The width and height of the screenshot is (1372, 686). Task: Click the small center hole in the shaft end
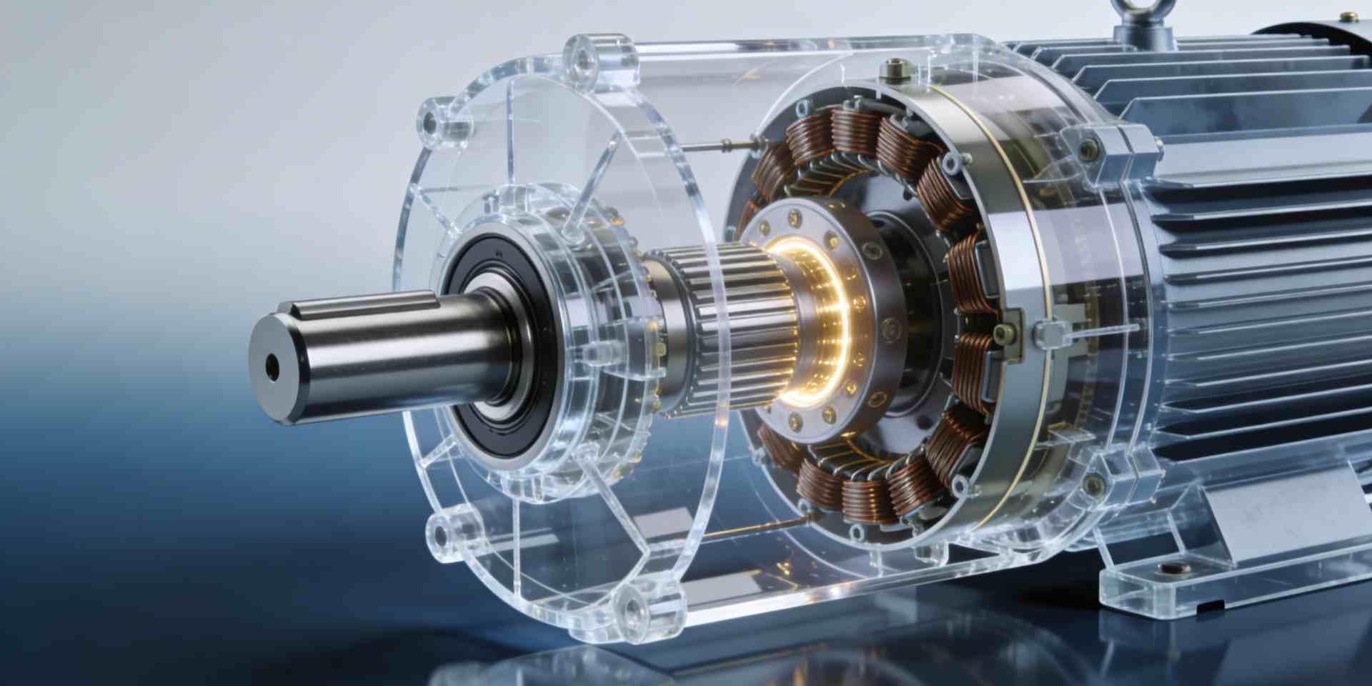click(x=272, y=367)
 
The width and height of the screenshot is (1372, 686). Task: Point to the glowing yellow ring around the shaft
click(x=829, y=322)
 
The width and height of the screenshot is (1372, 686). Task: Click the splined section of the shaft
click(x=736, y=329)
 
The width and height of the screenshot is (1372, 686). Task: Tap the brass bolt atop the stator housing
click(x=893, y=69)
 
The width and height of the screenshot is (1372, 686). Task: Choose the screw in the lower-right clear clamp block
click(x=1093, y=485)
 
